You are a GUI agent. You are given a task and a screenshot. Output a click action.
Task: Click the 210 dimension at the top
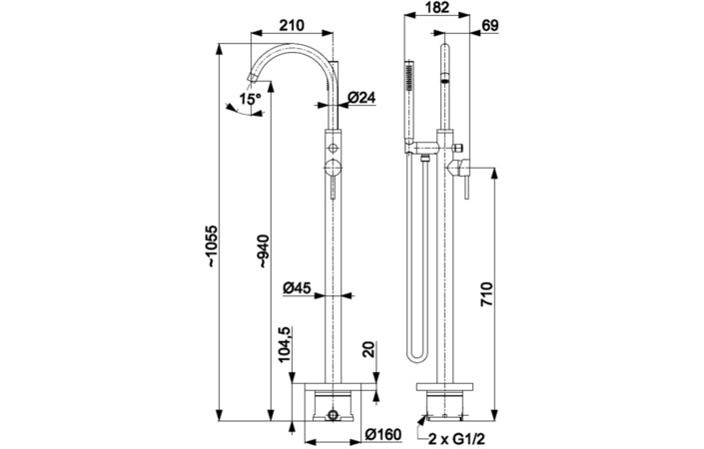[292, 24]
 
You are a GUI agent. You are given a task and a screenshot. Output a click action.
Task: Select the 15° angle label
[249, 98]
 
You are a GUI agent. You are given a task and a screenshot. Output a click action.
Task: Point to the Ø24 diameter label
[361, 98]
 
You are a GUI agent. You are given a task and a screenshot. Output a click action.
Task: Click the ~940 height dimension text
[263, 250]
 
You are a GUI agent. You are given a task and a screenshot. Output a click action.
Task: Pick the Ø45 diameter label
[298, 287]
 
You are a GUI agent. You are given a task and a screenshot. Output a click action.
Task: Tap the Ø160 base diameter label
[381, 434]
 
